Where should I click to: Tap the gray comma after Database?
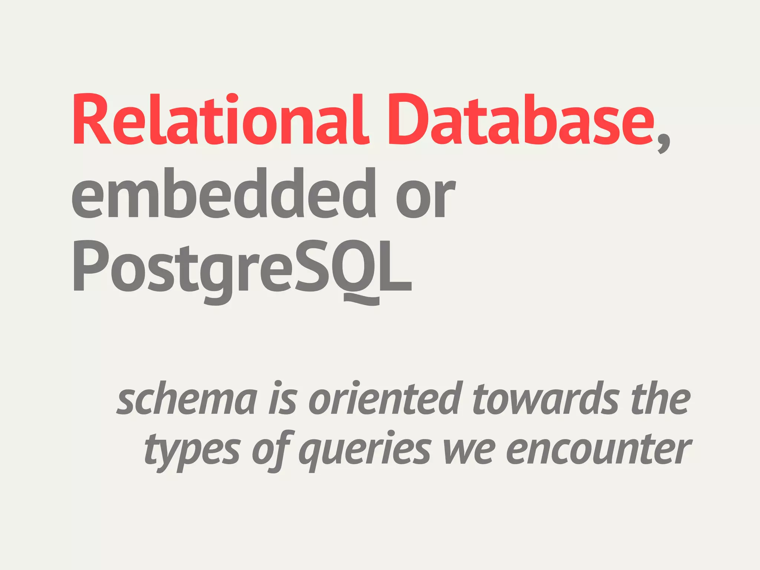pos(663,143)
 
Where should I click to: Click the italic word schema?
pos(187,399)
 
